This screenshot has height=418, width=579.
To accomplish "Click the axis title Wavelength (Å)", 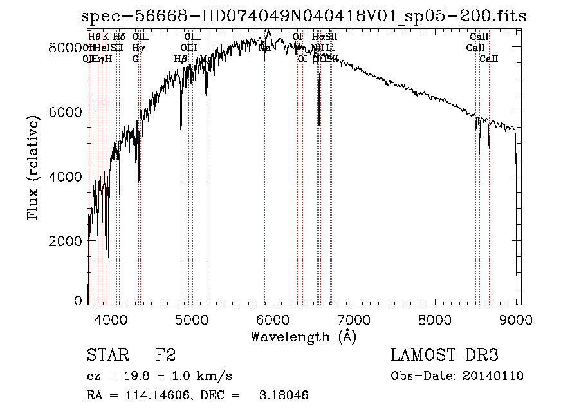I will click(303, 336).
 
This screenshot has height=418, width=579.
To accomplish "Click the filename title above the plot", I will click(304, 17).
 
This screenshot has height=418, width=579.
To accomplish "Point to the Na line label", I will click(264, 48).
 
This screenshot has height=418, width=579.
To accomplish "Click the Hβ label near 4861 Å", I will click(181, 59).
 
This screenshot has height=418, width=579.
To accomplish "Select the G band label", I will click(136, 59).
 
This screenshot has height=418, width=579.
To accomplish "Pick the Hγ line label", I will click(138, 48).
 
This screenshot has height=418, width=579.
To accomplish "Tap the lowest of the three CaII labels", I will click(489, 59).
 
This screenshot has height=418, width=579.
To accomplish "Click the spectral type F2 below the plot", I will click(166, 356).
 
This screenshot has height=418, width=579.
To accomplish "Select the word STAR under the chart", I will click(107, 356).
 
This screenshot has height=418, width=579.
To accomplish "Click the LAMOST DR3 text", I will click(445, 356).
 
